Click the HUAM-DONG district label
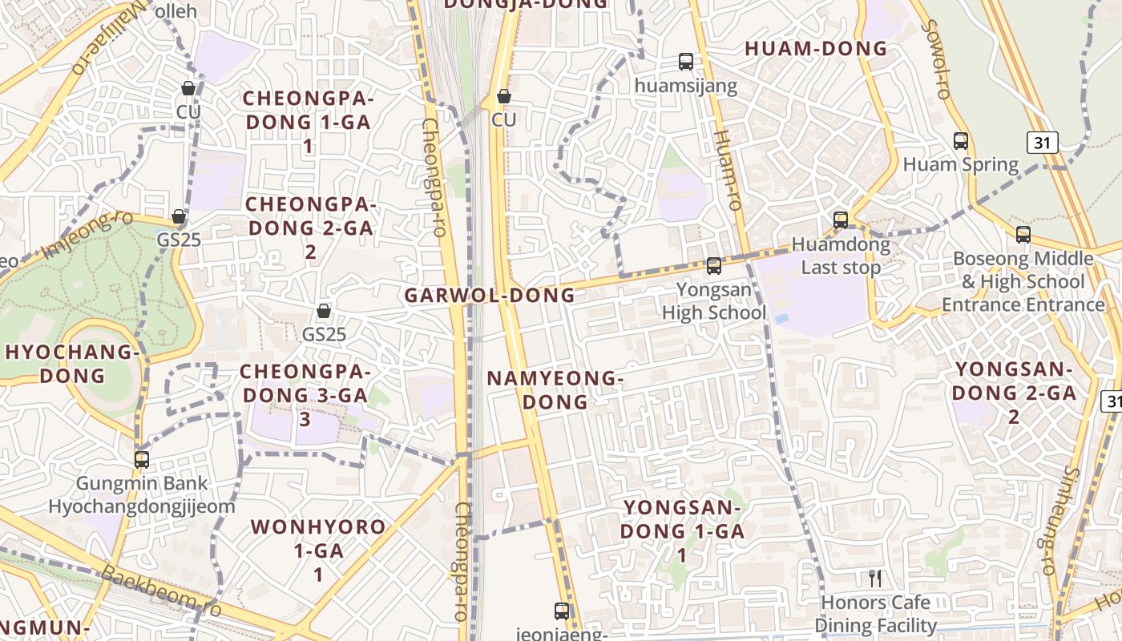pyautogui.click(x=816, y=49)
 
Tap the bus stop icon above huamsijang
pyautogui.click(x=686, y=61)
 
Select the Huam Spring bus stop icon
pyautogui.click(x=961, y=141)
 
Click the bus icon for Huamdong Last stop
pyautogui.click(x=841, y=220)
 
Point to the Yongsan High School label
pyautogui.click(x=714, y=300)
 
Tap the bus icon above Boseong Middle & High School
pyautogui.click(x=1023, y=235)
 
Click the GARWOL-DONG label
pyautogui.click(x=490, y=295)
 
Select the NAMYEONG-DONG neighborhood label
pyautogui.click(x=555, y=389)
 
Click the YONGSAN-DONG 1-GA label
pyautogui.click(x=683, y=530)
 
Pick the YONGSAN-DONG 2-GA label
pyautogui.click(x=1014, y=393)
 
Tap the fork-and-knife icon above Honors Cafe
pyautogui.click(x=875, y=578)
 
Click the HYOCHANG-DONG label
pyautogui.click(x=73, y=363)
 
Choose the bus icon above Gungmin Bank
pyautogui.click(x=142, y=460)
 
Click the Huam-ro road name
pyautogui.click(x=727, y=171)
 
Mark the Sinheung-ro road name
pyautogui.click(x=1059, y=521)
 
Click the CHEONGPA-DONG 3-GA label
pyautogui.click(x=305, y=395)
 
